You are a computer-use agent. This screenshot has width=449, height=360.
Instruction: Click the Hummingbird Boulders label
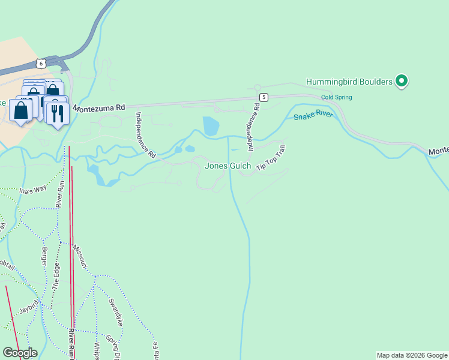point(349,82)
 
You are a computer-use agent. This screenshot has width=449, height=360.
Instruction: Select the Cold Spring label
point(336,97)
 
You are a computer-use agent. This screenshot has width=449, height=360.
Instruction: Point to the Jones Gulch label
point(228,166)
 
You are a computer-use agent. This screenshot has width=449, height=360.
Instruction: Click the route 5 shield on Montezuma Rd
point(264,97)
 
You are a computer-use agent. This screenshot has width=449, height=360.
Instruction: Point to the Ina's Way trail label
point(32,191)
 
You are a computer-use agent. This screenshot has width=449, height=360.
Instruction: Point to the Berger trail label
point(43,257)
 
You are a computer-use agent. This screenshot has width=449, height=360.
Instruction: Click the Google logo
point(19,353)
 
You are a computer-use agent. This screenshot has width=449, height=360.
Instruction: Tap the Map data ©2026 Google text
point(412,355)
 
